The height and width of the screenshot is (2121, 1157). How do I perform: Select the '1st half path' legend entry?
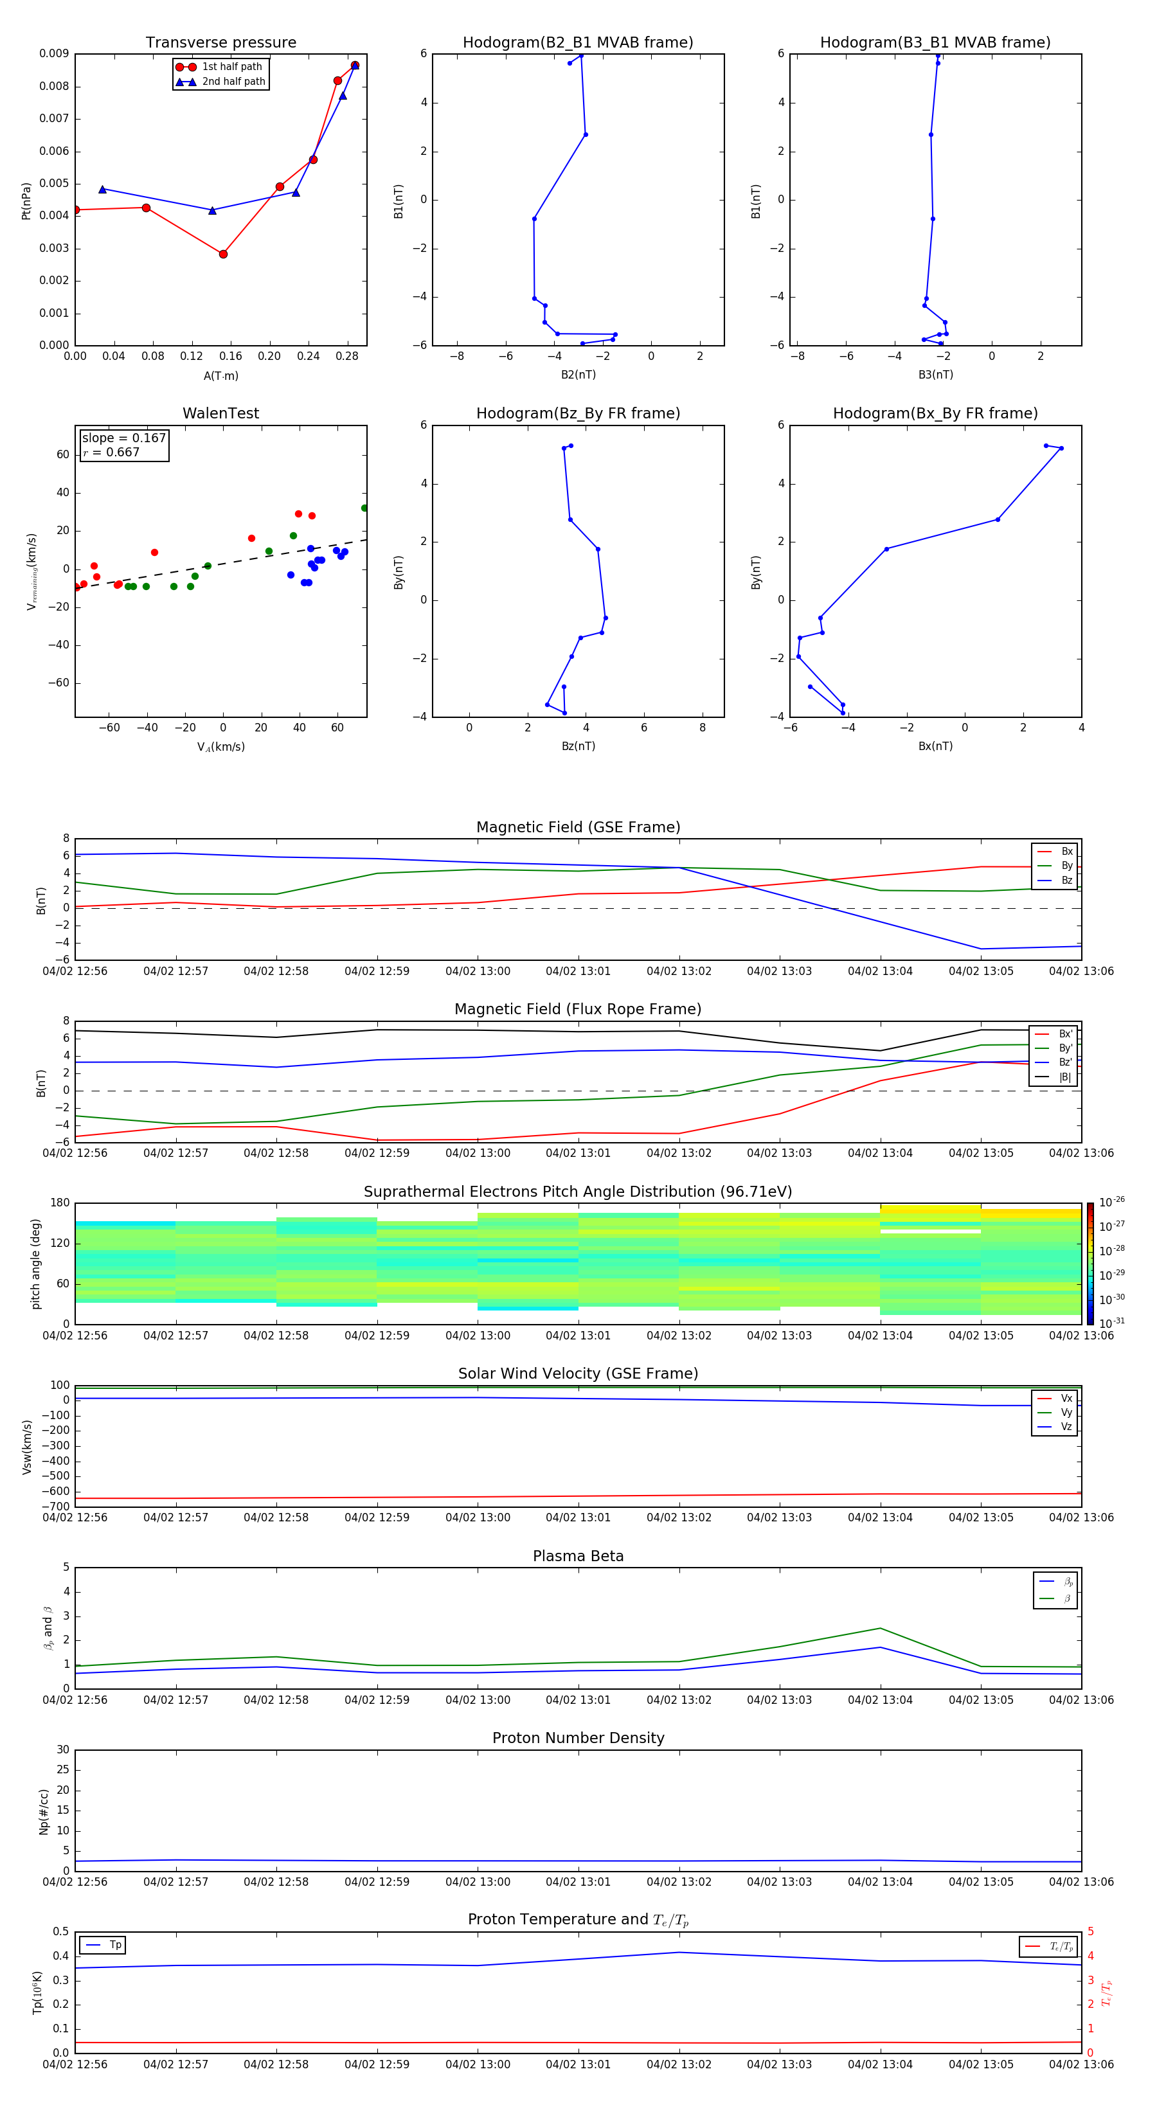click(231, 67)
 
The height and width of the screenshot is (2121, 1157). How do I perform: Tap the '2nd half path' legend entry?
click(233, 82)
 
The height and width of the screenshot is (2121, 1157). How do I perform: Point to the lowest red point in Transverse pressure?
click(223, 255)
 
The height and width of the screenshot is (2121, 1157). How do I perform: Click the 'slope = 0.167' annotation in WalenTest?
click(123, 438)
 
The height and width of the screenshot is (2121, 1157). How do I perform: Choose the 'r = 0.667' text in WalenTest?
click(112, 452)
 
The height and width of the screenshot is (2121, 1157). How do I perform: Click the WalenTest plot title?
click(220, 413)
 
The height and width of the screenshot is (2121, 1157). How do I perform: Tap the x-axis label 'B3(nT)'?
click(935, 375)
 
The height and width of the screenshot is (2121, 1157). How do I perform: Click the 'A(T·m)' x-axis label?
click(220, 376)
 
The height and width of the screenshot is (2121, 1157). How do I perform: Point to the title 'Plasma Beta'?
click(578, 1556)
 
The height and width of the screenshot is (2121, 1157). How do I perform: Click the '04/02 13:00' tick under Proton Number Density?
click(478, 1881)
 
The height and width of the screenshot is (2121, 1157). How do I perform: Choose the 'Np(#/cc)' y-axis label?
click(44, 1811)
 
